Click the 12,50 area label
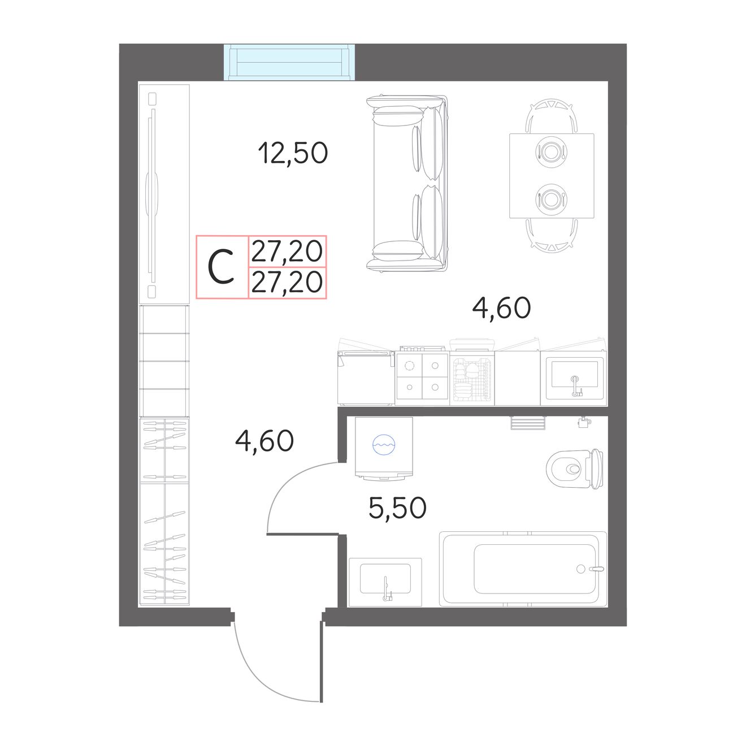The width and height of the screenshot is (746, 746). [293, 153]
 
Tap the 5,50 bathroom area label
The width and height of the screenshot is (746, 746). [397, 508]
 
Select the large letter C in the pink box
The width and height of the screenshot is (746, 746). [221, 267]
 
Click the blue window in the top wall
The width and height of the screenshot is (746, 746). [289, 62]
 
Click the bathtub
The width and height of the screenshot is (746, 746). [523, 569]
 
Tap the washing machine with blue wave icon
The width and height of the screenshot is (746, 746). [384, 448]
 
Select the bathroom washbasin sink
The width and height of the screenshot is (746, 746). [385, 582]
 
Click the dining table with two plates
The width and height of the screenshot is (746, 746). [552, 176]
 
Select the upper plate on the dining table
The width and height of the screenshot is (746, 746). [552, 150]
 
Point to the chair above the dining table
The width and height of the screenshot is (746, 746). [552, 116]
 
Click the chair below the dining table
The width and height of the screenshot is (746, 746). [552, 235]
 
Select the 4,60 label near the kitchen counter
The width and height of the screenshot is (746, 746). [501, 308]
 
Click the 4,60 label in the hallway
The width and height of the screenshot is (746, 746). [264, 441]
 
